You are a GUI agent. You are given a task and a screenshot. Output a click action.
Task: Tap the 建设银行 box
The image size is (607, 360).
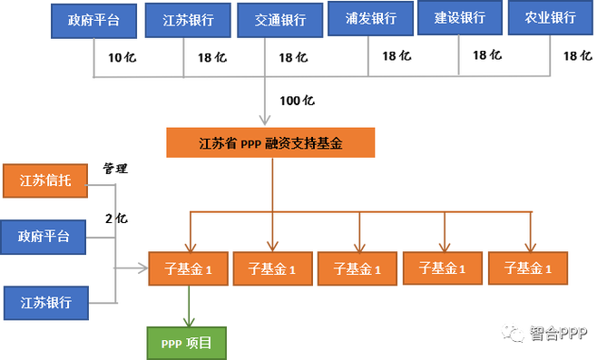tap(460, 18)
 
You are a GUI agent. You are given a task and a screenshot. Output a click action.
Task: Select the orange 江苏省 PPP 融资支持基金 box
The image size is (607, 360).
tap(270, 144)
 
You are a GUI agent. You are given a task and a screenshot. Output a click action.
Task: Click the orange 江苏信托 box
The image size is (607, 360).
tap(44, 181)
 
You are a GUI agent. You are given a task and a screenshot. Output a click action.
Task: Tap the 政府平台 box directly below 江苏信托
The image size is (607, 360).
tap(44, 238)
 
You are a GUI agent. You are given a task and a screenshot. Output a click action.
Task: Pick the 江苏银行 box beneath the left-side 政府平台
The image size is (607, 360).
tap(44, 302)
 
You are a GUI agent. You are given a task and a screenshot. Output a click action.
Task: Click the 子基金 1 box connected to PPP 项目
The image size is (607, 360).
tap(185, 268)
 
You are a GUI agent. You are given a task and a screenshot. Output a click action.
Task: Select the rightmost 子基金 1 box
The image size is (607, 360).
tap(527, 268)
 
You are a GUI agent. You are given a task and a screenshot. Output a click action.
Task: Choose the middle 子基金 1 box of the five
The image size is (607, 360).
tap(357, 268)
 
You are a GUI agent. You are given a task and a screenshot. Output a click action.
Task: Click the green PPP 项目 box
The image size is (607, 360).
tap(187, 343)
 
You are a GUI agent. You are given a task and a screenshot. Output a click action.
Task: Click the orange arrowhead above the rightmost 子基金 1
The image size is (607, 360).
tap(527, 243)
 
